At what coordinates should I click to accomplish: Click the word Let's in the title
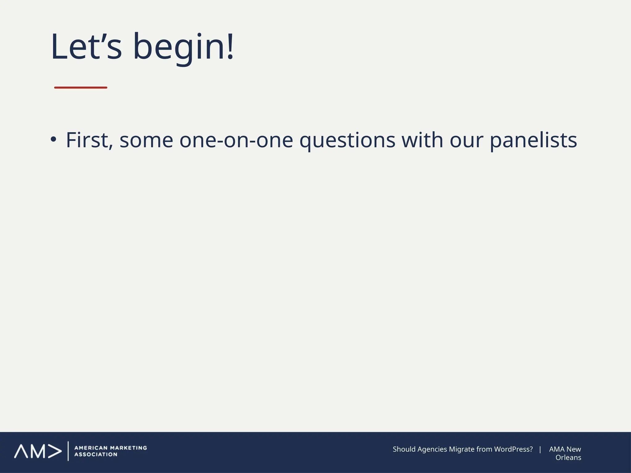coord(86,47)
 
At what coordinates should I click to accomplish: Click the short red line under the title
coord(81,88)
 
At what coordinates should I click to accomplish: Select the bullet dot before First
coord(54,139)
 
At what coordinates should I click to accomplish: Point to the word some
coord(146,140)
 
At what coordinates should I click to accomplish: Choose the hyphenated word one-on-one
coord(236,140)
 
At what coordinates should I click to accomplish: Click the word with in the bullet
coord(422,140)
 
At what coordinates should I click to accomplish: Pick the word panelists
coord(533,140)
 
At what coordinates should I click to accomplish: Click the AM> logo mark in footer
coord(38,451)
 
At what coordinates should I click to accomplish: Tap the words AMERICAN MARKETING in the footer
coord(111,448)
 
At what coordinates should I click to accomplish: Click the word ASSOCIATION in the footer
coord(96,455)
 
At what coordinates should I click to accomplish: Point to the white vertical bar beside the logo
coord(68,451)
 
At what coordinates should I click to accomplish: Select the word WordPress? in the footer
coord(513,449)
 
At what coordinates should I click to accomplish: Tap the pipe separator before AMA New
coord(540,449)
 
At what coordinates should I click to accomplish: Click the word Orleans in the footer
coord(568,458)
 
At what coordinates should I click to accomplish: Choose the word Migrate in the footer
coord(462,449)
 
